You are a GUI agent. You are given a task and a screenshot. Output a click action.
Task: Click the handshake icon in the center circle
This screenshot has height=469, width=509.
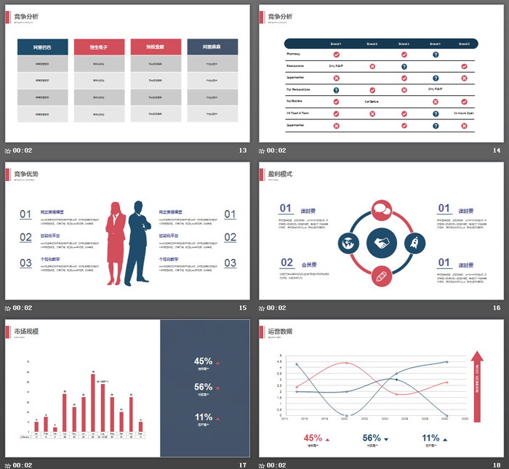click(381, 242)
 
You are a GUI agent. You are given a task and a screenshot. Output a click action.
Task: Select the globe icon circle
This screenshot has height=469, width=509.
click(348, 242)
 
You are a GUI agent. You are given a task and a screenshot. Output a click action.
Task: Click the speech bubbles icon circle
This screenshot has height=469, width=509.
click(381, 210)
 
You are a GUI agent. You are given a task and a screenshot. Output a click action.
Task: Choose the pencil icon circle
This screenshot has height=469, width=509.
click(381, 275)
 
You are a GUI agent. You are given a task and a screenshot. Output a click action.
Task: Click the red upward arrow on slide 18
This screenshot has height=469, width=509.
click(477, 385)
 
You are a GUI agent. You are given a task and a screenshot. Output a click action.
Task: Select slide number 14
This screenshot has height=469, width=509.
click(497, 151)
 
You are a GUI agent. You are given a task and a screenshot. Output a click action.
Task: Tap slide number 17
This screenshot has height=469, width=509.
click(243, 465)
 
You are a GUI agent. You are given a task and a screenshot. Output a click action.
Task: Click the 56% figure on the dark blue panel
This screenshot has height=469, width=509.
click(204, 387)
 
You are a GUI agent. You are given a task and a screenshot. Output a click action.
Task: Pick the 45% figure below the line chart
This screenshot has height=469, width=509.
click(313, 438)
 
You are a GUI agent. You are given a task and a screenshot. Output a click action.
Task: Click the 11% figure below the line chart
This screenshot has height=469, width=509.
click(430, 438)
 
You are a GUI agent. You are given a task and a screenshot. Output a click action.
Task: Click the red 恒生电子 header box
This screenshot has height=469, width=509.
click(99, 47)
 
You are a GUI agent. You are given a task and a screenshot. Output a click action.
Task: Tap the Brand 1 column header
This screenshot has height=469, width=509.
click(335, 44)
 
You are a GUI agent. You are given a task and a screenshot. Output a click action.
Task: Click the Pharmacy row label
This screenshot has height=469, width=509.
click(294, 54)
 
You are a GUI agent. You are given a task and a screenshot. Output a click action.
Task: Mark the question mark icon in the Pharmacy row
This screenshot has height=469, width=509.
click(436, 55)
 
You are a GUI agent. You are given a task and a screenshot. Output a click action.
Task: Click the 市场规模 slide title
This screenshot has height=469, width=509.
click(26, 332)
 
